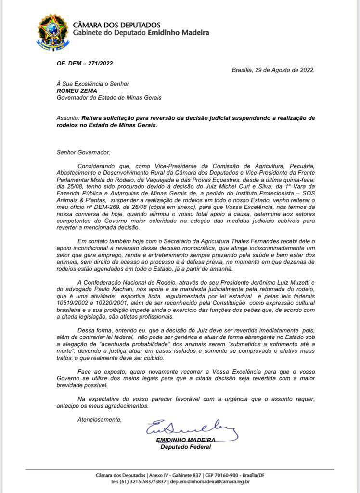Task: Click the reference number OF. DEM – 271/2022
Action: click(x=85, y=63)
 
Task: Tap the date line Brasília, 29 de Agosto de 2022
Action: click(x=273, y=70)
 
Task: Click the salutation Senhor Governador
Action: click(x=82, y=153)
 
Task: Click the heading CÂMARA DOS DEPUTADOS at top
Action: click(x=116, y=25)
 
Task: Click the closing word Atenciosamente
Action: click(x=100, y=419)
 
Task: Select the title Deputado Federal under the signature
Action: click(x=185, y=447)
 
